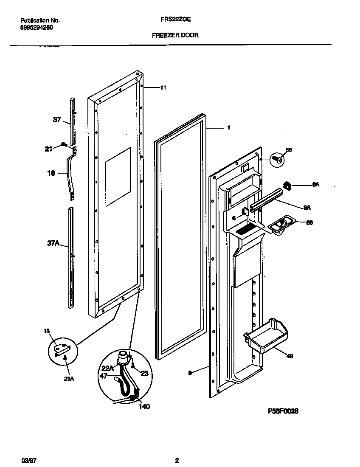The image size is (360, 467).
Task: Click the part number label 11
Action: pyautogui.click(x=163, y=88)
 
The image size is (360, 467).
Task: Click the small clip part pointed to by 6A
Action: pyautogui.click(x=287, y=185)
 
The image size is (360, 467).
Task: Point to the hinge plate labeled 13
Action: pyautogui.click(x=62, y=349)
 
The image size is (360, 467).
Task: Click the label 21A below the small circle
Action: pyautogui.click(x=69, y=379)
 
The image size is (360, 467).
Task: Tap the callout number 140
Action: pyautogui.click(x=144, y=406)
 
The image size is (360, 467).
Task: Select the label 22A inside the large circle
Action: pyautogui.click(x=107, y=368)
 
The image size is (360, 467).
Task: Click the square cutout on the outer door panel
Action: pyautogui.click(x=118, y=177)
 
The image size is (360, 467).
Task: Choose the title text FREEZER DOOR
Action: pyautogui.click(x=175, y=36)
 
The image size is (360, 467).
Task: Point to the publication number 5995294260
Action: pyautogui.click(x=37, y=27)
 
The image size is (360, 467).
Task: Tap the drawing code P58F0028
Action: pyautogui.click(x=283, y=411)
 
